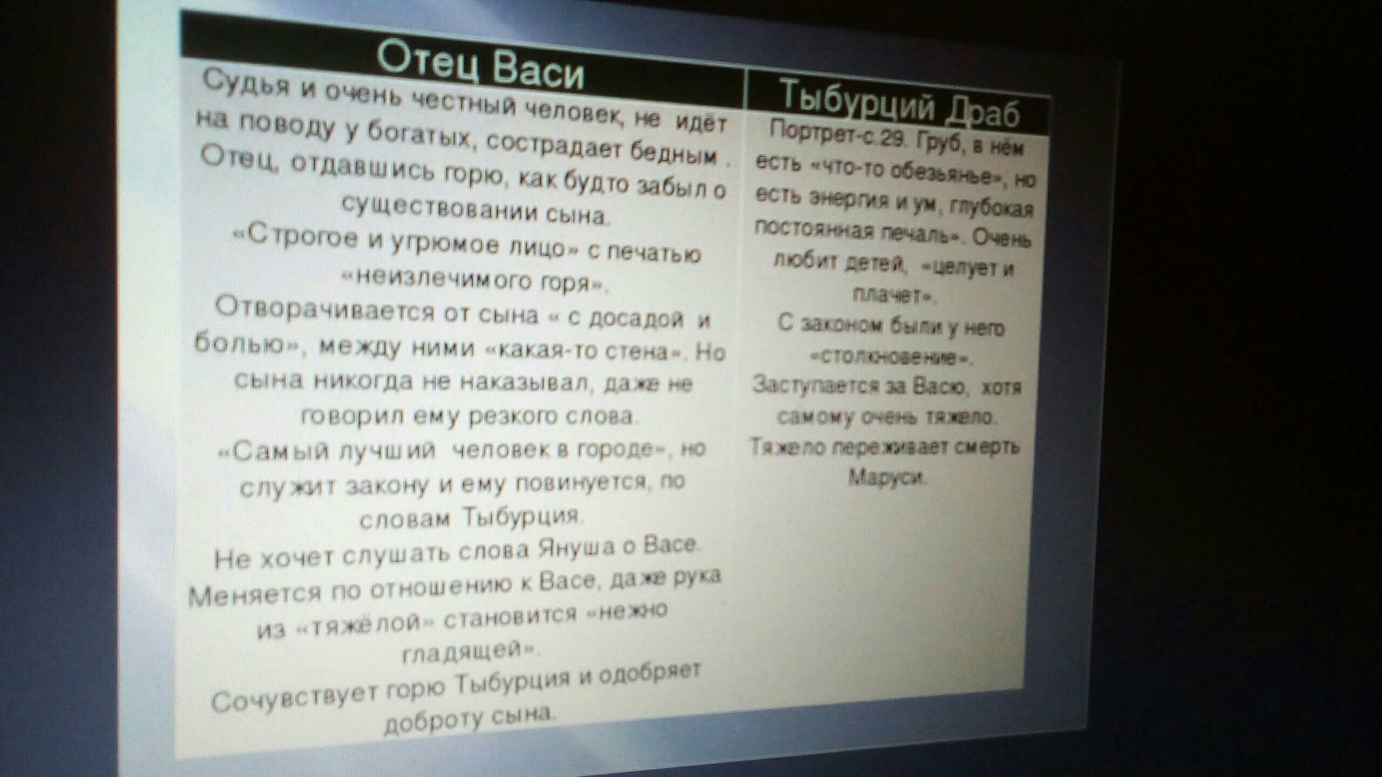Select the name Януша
pyautogui.click(x=572, y=549)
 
